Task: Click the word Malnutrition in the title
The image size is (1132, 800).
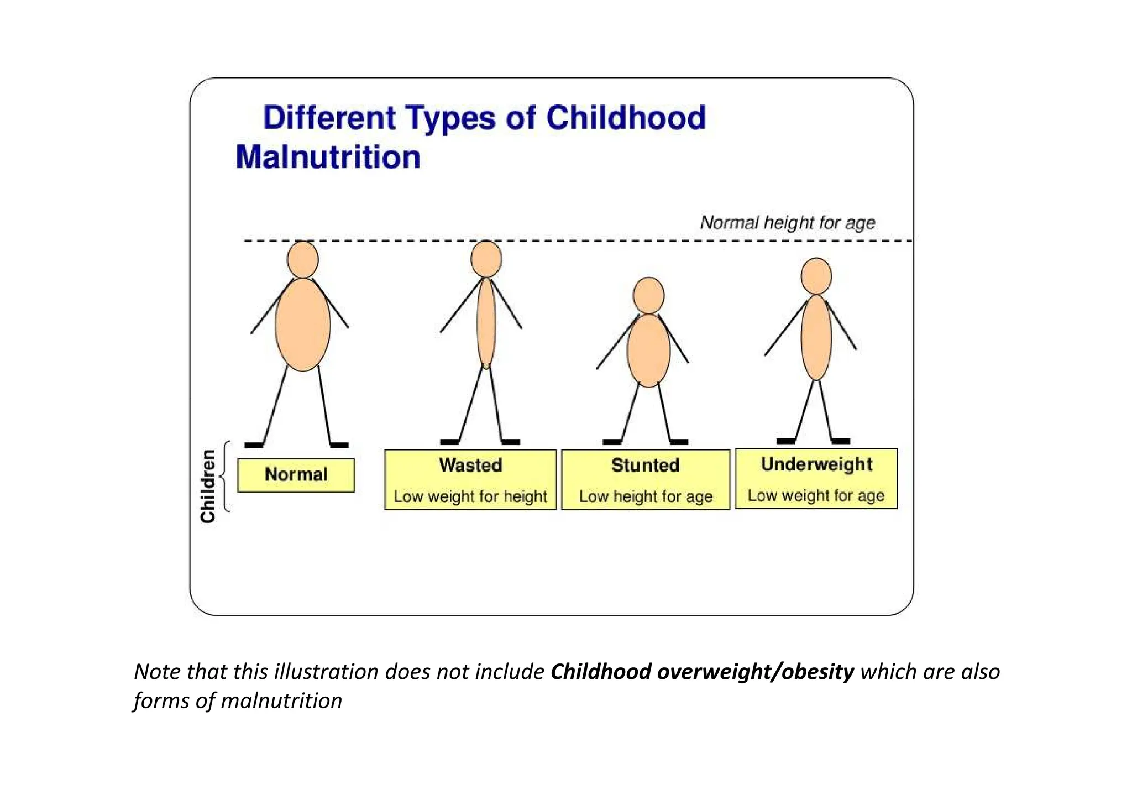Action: click(328, 157)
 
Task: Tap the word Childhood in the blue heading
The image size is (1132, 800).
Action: click(626, 118)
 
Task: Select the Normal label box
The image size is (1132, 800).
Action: click(296, 475)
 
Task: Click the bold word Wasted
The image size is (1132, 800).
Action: click(470, 465)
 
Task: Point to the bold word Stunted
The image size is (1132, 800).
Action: click(645, 465)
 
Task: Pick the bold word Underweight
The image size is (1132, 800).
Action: click(816, 464)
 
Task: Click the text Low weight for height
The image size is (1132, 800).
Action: click(470, 496)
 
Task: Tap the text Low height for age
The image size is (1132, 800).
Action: click(646, 496)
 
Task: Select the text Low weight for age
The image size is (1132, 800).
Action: click(816, 495)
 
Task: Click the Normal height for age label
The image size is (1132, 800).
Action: click(788, 222)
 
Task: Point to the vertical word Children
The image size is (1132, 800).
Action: click(208, 486)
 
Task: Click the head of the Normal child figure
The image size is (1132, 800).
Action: click(303, 259)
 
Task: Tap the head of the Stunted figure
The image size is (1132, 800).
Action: click(648, 295)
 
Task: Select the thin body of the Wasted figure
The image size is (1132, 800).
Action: click(486, 323)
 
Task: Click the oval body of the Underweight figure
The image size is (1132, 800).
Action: click(816, 337)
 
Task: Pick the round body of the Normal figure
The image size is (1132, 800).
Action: click(303, 325)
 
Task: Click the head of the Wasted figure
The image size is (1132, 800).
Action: click(486, 259)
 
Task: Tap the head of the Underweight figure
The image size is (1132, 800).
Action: click(816, 276)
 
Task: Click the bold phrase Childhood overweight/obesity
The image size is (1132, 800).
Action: click(702, 671)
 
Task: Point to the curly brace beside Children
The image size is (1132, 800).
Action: click(225, 475)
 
